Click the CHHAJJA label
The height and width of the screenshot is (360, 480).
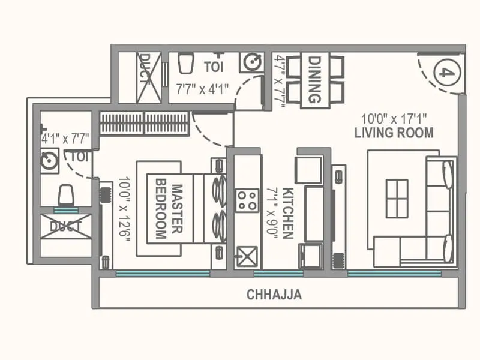tap(274, 295)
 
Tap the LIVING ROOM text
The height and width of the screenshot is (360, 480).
tap(394, 133)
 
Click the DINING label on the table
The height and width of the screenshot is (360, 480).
tap(315, 79)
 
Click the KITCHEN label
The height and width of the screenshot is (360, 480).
tap(289, 213)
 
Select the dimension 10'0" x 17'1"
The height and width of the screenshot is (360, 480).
tap(394, 118)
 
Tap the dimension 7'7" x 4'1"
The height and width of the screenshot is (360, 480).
tap(202, 89)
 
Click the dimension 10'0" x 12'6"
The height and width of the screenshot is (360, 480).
tap(124, 208)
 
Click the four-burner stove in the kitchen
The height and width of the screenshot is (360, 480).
tap(247, 200)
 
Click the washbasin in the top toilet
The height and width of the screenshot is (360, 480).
tap(251, 62)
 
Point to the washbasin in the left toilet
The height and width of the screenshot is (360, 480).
tap(49, 161)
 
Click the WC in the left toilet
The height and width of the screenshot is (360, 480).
tap(65, 196)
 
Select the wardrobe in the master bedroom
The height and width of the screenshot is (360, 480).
tap(144, 123)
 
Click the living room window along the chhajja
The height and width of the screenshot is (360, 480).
tap(394, 274)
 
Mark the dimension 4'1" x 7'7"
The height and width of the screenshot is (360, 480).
tap(65, 139)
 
